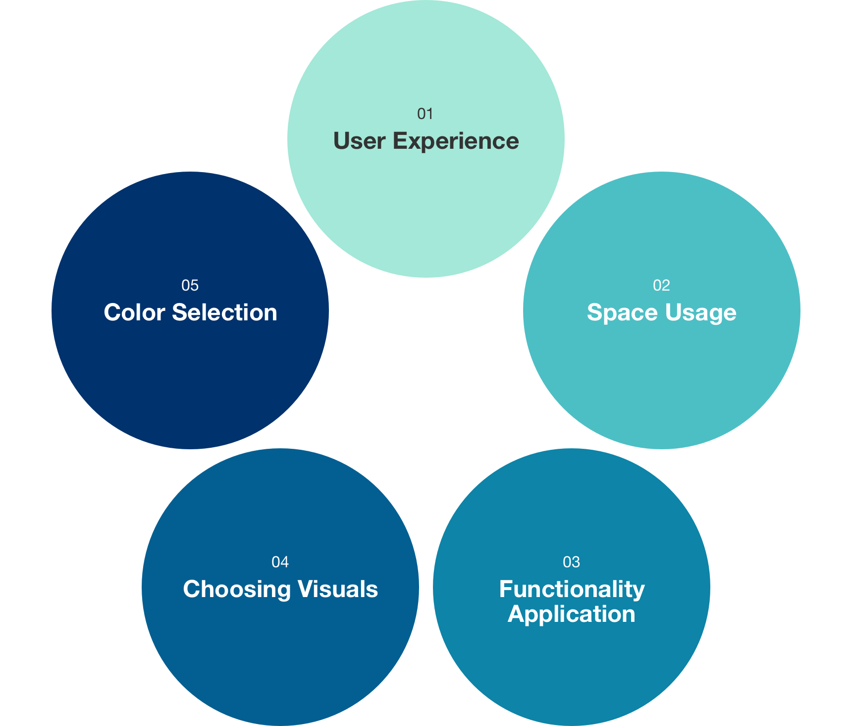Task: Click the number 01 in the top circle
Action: [425, 114]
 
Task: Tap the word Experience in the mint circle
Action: [456, 141]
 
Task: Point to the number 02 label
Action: [661, 286]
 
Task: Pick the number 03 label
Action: [571, 562]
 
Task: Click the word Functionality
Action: [572, 589]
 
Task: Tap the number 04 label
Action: [280, 562]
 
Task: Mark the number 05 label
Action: [190, 286]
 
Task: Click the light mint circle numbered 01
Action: [426, 208]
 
